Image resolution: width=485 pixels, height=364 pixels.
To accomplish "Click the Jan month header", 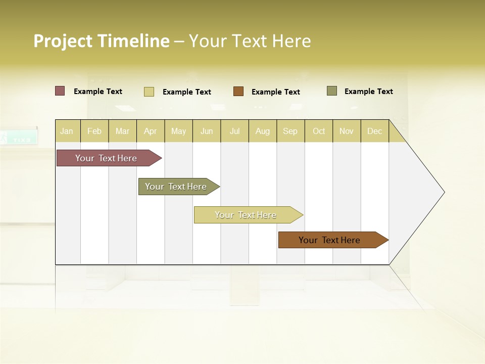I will point(67,131).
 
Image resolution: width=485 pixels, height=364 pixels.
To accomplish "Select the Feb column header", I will point(94,131).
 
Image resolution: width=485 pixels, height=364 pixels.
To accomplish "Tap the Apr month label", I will point(150,131).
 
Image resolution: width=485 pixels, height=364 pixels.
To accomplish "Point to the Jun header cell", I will point(207,131).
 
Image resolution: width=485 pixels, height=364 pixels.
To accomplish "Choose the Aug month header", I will point(262,131).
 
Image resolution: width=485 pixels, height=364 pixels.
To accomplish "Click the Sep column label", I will point(290,131).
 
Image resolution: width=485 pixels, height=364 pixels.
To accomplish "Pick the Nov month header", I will point(346,131).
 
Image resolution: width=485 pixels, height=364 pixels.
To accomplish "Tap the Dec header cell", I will point(374,131).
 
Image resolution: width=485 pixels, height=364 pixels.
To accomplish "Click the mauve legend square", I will point(60,91).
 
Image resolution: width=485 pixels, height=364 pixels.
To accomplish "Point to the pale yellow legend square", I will point(149,92).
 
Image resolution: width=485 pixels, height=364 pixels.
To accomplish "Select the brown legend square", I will point(238,92).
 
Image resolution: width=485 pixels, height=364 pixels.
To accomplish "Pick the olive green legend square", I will point(332,91).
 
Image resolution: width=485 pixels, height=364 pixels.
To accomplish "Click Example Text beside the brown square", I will point(275,92).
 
